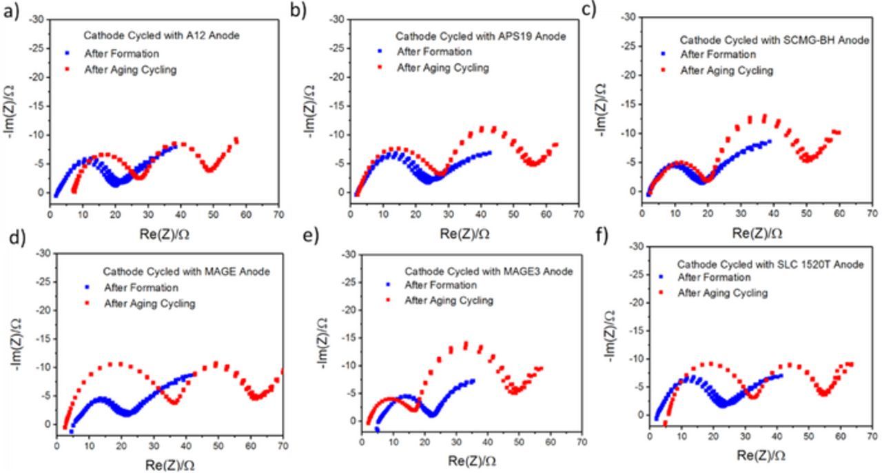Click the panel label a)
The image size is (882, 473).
click(12, 12)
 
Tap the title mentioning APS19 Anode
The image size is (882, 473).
click(480, 36)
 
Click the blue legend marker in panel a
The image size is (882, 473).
click(68, 53)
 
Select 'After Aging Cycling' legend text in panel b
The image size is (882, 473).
click(442, 68)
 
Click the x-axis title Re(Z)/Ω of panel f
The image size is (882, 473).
click(761, 455)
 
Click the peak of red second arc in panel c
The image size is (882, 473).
click(763, 117)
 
